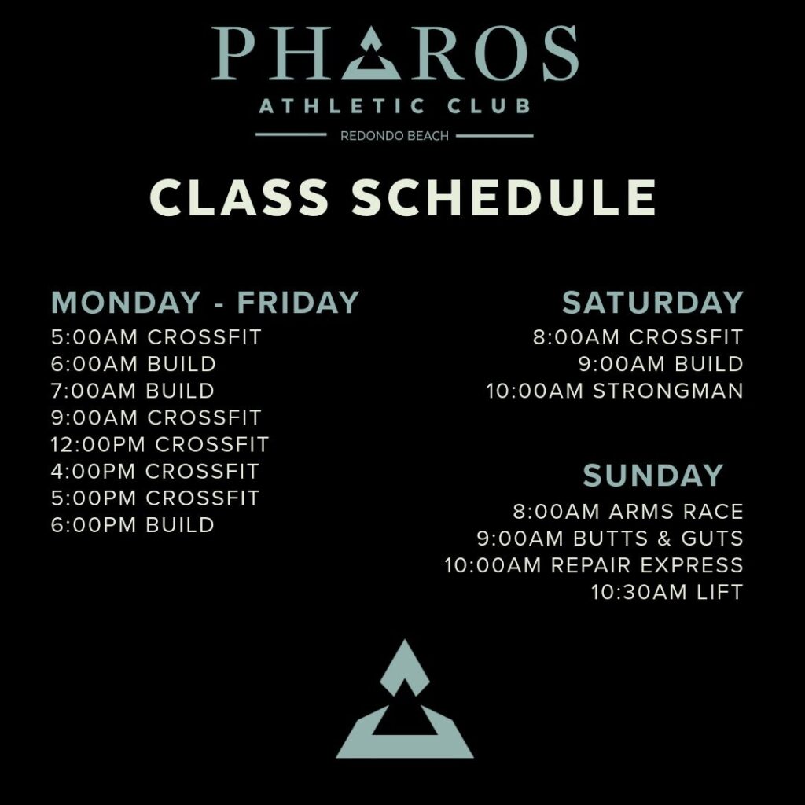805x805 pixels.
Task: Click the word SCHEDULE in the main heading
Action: coord(504,197)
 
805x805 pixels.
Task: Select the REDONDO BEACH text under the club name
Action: coord(395,136)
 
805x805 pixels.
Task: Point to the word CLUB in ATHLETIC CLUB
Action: coord(488,106)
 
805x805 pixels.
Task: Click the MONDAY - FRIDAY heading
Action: coord(205,302)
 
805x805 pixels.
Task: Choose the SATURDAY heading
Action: coord(652,302)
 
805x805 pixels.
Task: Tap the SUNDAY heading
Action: coord(653,475)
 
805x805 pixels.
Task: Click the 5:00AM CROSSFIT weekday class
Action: coord(156,337)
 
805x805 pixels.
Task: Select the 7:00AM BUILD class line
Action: coord(132,391)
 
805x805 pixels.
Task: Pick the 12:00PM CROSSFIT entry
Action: coord(160,444)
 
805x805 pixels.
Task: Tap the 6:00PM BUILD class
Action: coord(132,524)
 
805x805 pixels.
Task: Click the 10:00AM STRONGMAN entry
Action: coord(615,391)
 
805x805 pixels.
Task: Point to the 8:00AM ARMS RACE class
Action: coord(628,511)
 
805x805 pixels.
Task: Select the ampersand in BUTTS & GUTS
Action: coord(664,538)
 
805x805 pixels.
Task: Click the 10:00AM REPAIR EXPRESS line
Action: coord(594,565)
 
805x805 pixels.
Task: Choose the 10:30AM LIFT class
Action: coord(667,592)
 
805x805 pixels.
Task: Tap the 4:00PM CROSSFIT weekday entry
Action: coord(155,472)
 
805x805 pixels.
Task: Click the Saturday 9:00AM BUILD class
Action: coord(661,364)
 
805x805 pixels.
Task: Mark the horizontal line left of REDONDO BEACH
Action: coord(291,135)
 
